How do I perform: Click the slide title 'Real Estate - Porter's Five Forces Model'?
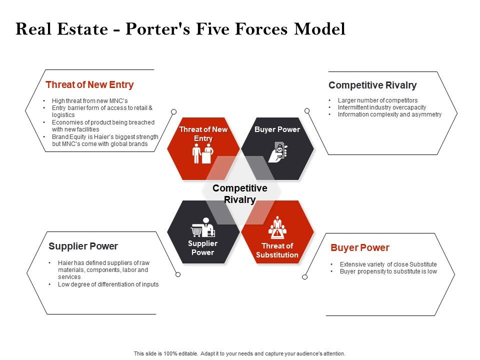(x=180, y=29)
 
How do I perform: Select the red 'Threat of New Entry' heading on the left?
(x=89, y=85)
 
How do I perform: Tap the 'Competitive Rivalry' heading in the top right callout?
(x=372, y=85)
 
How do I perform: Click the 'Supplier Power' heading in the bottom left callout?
(x=83, y=246)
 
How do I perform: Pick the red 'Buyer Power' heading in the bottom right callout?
(x=359, y=248)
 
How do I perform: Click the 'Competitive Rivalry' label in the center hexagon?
(x=239, y=194)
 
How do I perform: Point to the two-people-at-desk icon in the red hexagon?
(x=203, y=153)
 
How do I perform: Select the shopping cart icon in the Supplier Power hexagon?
(x=196, y=231)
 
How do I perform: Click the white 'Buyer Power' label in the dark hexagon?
(x=277, y=129)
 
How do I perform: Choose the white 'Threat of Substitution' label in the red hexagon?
(x=277, y=250)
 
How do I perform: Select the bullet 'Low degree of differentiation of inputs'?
(x=108, y=284)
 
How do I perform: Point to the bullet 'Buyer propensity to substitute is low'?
(x=388, y=271)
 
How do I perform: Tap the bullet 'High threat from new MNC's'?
(x=90, y=100)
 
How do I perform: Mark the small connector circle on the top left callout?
(x=174, y=111)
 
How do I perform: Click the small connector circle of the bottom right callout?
(x=305, y=276)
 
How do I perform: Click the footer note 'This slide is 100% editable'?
(x=239, y=353)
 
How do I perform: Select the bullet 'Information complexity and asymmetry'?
(x=389, y=114)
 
